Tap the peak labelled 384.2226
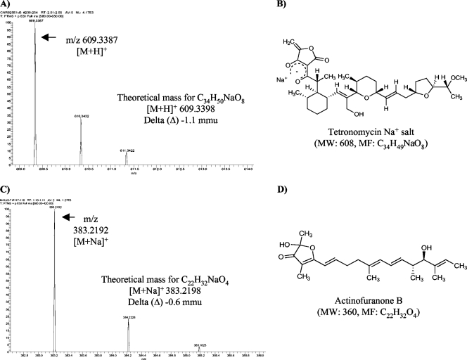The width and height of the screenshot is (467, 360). (128, 326)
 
